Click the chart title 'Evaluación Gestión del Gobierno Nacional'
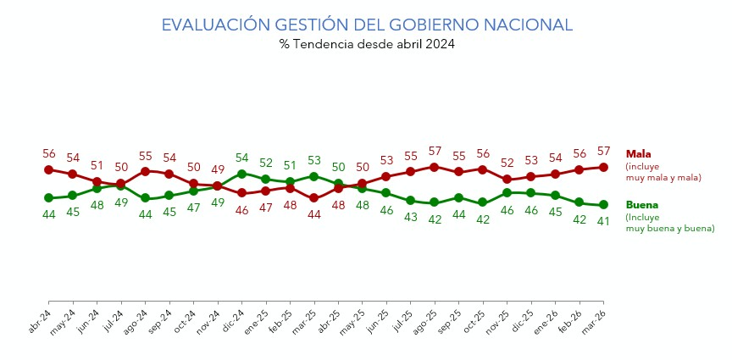click(366, 25)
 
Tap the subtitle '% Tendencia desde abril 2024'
click(366, 44)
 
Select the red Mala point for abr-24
click(48, 169)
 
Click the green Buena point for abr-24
click(48, 198)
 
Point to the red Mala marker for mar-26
click(603, 167)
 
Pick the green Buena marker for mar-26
click(603, 205)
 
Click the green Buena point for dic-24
click(241, 174)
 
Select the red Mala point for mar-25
click(313, 198)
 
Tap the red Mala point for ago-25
click(435, 167)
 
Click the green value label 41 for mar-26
click(603, 221)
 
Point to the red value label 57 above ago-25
click(435, 151)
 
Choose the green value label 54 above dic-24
click(241, 158)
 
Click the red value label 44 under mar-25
click(313, 214)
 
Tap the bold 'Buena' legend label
click(641, 205)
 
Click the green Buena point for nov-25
click(507, 192)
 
